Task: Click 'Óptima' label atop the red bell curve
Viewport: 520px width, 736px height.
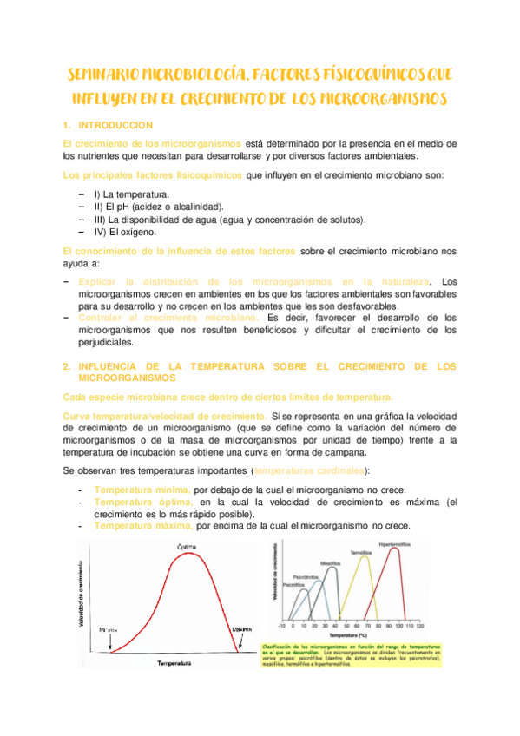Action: [188, 546]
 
